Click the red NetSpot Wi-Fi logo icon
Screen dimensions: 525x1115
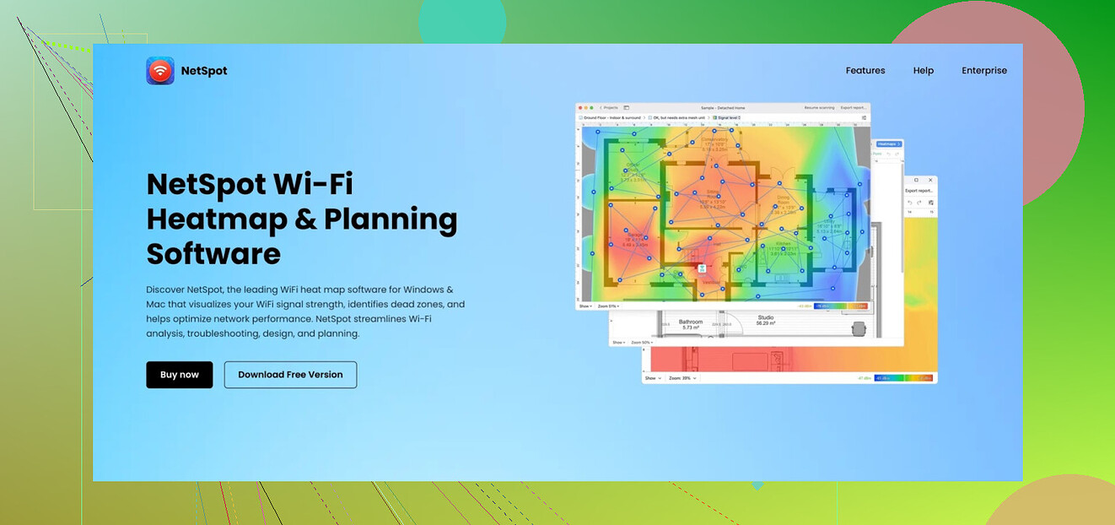(x=160, y=71)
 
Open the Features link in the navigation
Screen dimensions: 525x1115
(x=865, y=71)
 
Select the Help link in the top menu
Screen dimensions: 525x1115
(x=923, y=71)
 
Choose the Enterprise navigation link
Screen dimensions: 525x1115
(x=984, y=71)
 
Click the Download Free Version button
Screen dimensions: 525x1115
(x=290, y=375)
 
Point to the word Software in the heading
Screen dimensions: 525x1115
(x=213, y=254)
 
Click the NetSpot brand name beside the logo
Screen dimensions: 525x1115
(x=204, y=71)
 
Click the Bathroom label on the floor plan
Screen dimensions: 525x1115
(x=691, y=322)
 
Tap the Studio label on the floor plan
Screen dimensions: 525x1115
(x=765, y=318)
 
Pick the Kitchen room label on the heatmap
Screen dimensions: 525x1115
(x=783, y=243)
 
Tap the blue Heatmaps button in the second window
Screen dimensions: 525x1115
(x=889, y=144)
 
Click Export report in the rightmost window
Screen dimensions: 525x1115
(x=919, y=191)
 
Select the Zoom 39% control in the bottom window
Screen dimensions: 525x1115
(x=681, y=379)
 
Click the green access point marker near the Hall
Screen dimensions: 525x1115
(x=699, y=268)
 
